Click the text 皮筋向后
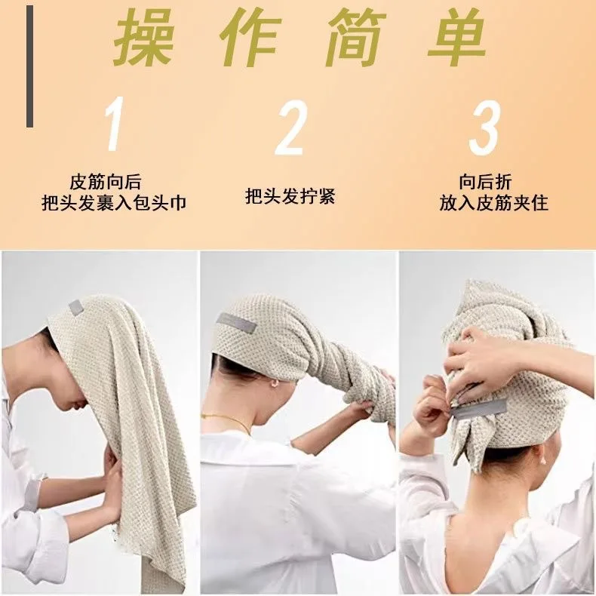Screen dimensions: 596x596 coord(106,182)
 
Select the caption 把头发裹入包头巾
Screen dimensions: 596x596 coord(114,203)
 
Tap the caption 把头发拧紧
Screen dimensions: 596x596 coord(290,197)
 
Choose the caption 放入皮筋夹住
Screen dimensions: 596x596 coord(494,203)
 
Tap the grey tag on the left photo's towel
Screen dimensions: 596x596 coord(75,306)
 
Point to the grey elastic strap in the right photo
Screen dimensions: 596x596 coord(480,407)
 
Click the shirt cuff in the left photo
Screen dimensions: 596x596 coord(32,494)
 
